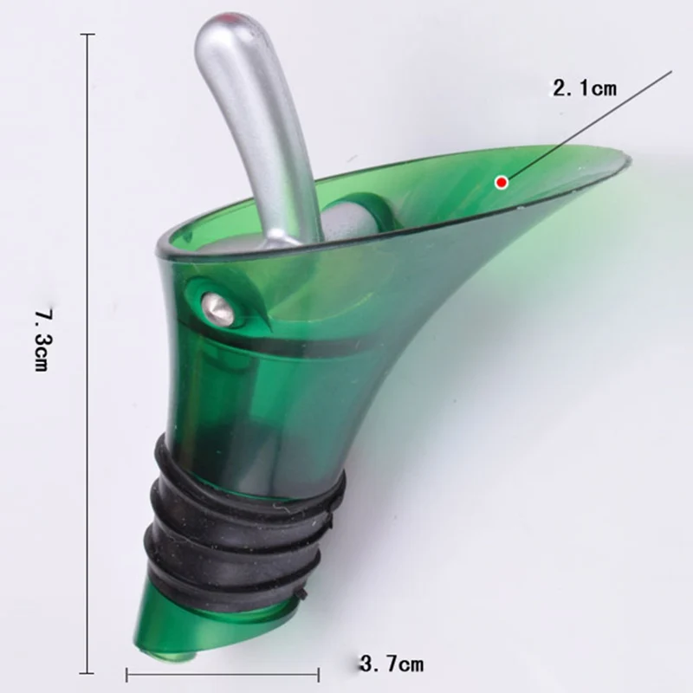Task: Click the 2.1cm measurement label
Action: pos(584,87)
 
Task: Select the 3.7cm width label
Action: pos(392,665)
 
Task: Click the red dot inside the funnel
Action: pos(501,181)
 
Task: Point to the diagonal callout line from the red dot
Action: pos(589,126)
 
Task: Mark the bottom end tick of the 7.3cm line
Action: pos(87,672)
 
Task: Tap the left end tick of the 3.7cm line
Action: pos(128,674)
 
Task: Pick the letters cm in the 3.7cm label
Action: pos(411,665)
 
